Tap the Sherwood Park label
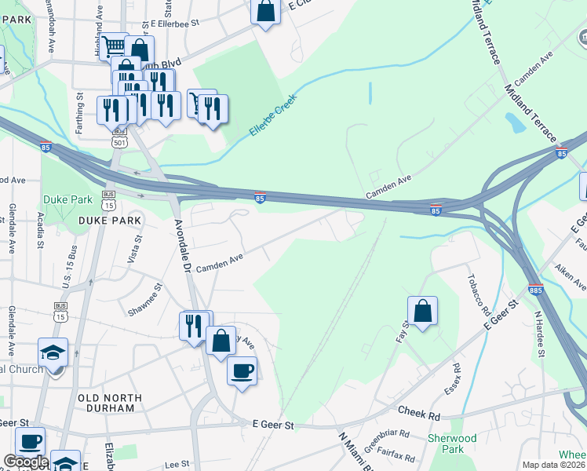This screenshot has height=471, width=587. click(x=452, y=444)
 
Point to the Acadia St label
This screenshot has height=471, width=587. click(x=40, y=227)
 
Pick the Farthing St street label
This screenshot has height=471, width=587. click(x=80, y=112)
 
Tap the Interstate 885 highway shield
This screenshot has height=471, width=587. click(x=535, y=289)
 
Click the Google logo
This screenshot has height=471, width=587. click(x=25, y=462)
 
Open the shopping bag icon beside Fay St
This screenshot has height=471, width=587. click(x=422, y=311)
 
